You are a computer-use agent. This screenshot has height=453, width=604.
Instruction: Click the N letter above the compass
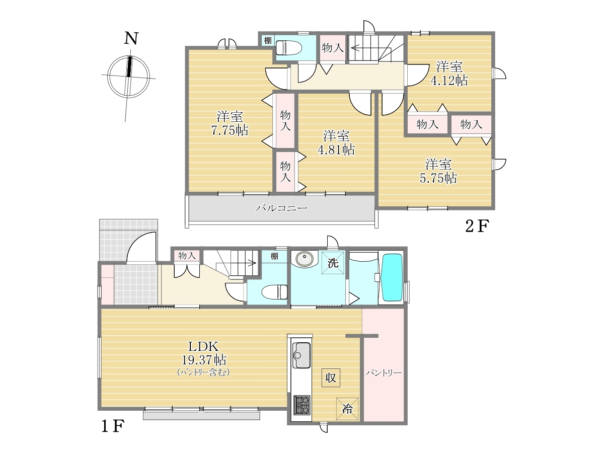(x=131, y=38)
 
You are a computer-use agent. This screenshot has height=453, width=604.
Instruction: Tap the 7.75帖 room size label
(x=230, y=130)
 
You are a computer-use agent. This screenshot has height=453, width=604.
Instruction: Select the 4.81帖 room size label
(x=336, y=149)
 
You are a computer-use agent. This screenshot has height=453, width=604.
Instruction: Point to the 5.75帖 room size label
(x=438, y=178)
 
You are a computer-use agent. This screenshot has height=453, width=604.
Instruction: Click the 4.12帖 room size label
(x=449, y=81)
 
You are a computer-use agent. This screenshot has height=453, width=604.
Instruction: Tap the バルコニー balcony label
(x=281, y=208)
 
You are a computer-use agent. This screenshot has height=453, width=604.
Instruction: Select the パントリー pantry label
(x=384, y=373)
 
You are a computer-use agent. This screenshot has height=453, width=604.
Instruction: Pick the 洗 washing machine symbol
(x=333, y=263)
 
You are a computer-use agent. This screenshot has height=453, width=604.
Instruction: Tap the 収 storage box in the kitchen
(x=331, y=378)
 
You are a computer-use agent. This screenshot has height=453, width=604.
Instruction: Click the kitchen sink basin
(x=301, y=355)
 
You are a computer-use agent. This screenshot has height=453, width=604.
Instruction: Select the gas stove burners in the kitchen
(x=302, y=405)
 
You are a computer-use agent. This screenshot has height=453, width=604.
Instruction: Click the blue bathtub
(x=391, y=279)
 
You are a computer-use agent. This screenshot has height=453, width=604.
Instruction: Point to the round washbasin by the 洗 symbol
(x=305, y=259)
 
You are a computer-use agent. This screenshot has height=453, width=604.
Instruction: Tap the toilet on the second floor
(x=288, y=48)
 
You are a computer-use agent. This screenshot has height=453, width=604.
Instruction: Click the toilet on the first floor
(x=275, y=292)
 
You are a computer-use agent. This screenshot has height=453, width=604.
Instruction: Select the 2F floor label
(x=477, y=226)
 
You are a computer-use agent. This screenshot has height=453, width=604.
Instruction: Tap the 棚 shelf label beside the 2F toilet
(x=268, y=41)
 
